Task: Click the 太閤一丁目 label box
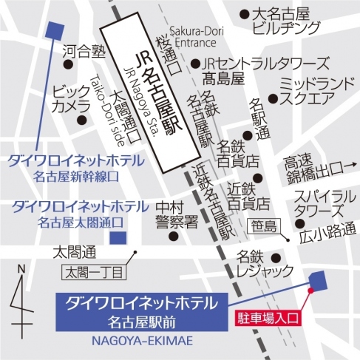pyautogui.click(x=95, y=273)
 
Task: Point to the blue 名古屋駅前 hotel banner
pyautogui.click(x=141, y=310)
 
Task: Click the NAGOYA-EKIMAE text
pyautogui.click(x=141, y=340)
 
